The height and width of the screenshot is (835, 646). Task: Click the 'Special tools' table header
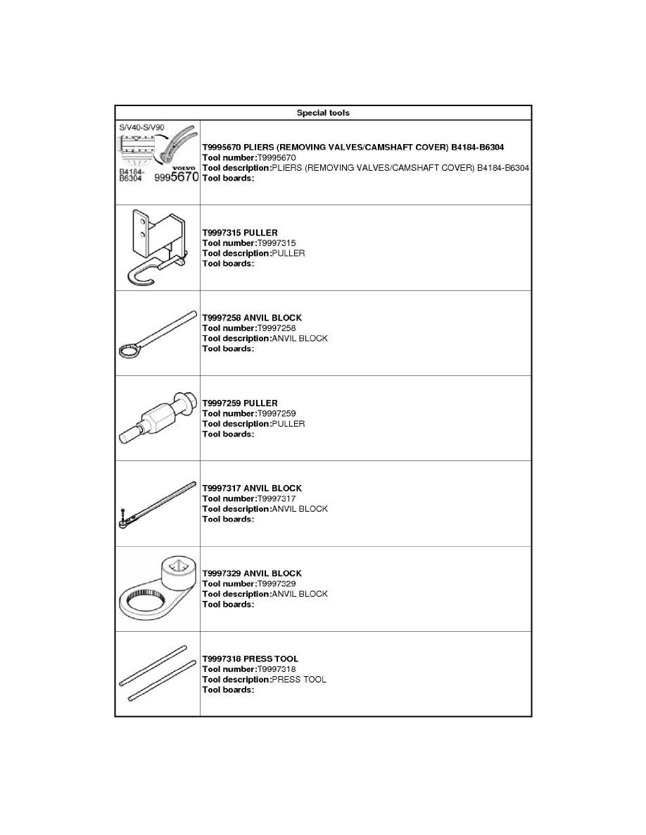pyautogui.click(x=323, y=112)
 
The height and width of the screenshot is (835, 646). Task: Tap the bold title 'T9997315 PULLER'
pyautogui.click(x=239, y=233)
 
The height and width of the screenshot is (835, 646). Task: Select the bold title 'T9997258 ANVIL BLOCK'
pyautogui.click(x=252, y=318)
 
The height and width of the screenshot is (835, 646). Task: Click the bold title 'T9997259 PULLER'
pyautogui.click(x=239, y=403)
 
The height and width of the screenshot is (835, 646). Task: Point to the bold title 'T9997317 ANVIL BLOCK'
pyautogui.click(x=252, y=488)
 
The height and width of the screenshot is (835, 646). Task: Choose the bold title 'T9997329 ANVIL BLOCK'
pyautogui.click(x=252, y=574)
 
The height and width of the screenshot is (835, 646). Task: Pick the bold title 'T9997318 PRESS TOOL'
pyautogui.click(x=250, y=659)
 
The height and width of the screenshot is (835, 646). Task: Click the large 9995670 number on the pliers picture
pyautogui.click(x=177, y=179)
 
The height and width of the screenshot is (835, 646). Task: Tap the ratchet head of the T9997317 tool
pyautogui.click(x=123, y=522)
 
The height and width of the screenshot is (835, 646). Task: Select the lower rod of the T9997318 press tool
pyautogui.click(x=161, y=680)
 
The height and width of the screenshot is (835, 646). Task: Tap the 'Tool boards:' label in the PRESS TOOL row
pyautogui.click(x=228, y=690)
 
